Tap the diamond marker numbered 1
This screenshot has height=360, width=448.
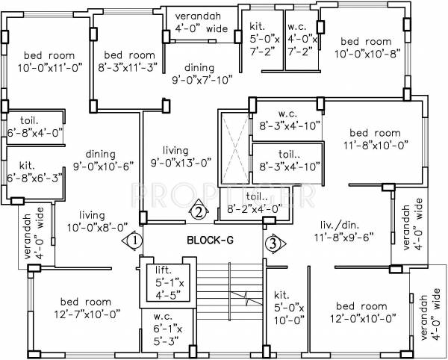click(133, 241)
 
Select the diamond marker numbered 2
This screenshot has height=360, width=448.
click(198, 211)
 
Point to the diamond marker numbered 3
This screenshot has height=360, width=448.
click(274, 242)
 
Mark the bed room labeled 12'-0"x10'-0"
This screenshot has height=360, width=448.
click(361, 312)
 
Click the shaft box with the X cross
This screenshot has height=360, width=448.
click(234, 147)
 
